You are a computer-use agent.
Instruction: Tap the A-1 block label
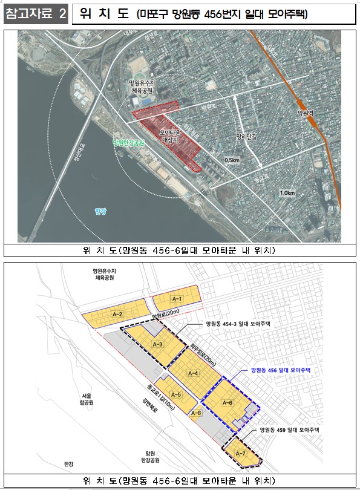click(177, 299)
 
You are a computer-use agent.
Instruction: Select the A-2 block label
click(117, 314)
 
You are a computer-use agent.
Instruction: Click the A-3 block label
click(157, 344)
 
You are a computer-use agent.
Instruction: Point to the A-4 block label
click(194, 373)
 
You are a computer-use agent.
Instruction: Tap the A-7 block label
click(240, 453)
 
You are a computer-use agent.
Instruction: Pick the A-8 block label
click(195, 413)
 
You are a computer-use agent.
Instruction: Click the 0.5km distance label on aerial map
click(232, 160)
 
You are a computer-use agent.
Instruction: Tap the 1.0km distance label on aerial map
click(287, 193)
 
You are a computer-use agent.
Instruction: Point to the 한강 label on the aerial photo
click(100, 211)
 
